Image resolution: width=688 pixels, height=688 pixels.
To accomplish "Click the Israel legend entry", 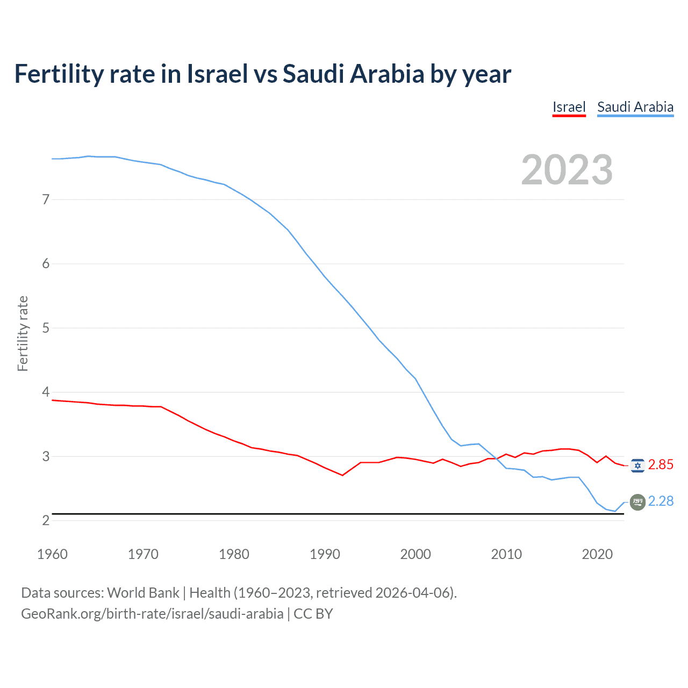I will coord(569,107).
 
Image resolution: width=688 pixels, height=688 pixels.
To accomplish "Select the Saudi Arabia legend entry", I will coord(635,107).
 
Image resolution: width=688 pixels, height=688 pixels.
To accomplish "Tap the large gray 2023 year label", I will coord(567,170).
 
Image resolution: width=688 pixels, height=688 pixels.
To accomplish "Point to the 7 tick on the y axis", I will coord(45,199).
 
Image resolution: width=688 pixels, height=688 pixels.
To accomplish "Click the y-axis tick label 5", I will coord(45,328).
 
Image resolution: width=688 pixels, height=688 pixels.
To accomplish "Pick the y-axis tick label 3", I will coord(45,456).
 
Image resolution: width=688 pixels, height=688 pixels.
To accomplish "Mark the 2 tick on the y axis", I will coord(45,520).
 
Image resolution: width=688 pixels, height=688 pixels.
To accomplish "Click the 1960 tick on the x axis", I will coord(52,554).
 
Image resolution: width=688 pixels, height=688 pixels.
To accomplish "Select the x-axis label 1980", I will coord(234,554).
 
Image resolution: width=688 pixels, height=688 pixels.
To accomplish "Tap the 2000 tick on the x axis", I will coord(415,554).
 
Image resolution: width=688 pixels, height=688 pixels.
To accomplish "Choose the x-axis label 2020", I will coord(597,554).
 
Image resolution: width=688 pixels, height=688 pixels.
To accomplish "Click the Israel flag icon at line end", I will coord(637,465).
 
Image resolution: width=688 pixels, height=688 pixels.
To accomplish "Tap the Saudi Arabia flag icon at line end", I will coord(637,502).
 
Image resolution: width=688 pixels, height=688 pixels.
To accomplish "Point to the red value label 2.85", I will coord(661,465).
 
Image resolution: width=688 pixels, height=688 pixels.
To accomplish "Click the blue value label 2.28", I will coord(661,501).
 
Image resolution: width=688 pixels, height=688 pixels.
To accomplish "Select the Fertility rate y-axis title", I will coord(23,333).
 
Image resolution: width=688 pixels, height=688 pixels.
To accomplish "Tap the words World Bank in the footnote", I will coord(143,593).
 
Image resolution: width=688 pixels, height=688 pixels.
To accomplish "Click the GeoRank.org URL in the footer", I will coord(152,614).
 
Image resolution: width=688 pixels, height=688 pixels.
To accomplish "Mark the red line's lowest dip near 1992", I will coord(342,475).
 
